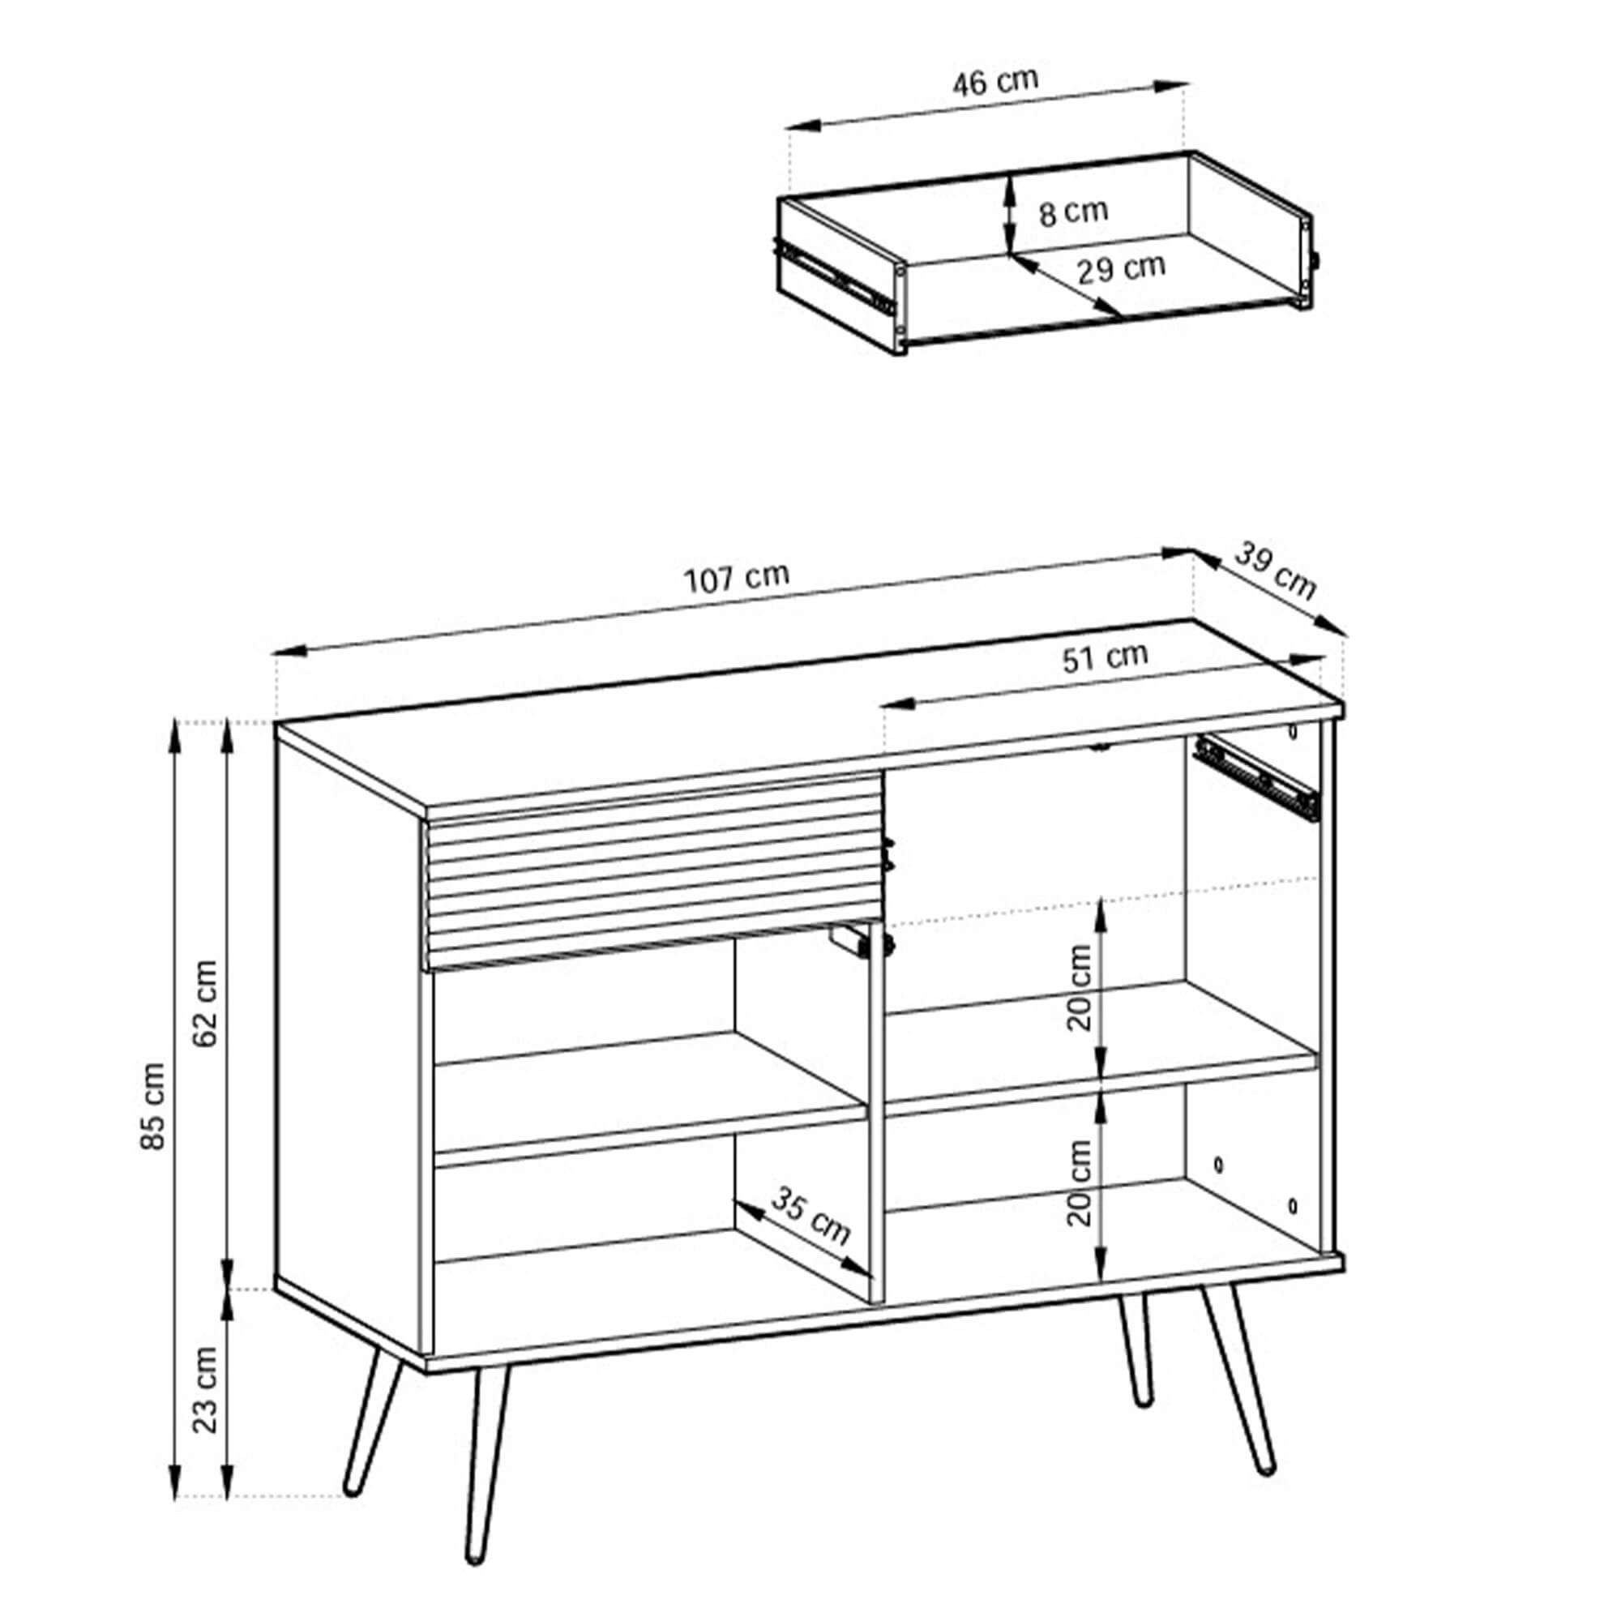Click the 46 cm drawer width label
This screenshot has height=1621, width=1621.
click(995, 81)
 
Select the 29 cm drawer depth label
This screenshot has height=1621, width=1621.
click(1122, 268)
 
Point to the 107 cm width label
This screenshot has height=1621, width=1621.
click(738, 577)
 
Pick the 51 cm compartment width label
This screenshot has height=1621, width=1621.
click(1105, 657)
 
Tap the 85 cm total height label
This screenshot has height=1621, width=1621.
click(153, 1106)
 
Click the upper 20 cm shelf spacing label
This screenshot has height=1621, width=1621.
click(1080, 987)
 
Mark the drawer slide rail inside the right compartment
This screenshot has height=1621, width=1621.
click(1255, 778)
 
